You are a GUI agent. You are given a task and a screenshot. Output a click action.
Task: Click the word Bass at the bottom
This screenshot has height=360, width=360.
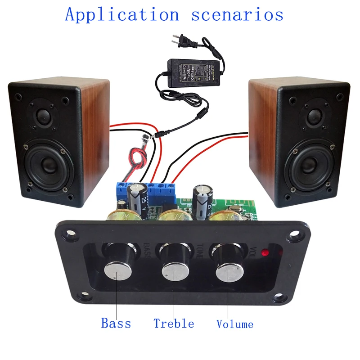pyautogui.click(x=116, y=323)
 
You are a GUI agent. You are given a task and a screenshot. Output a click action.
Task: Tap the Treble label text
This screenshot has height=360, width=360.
pyautogui.click(x=174, y=324)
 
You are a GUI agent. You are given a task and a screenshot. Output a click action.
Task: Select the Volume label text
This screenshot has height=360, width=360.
pyautogui.click(x=234, y=324)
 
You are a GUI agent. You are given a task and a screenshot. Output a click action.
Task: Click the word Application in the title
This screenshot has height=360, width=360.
pyautogui.click(x=122, y=14)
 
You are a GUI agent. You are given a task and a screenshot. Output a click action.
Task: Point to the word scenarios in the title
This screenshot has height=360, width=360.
pyautogui.click(x=237, y=14)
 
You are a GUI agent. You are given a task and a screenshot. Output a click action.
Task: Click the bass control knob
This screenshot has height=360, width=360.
pyautogui.click(x=118, y=272)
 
